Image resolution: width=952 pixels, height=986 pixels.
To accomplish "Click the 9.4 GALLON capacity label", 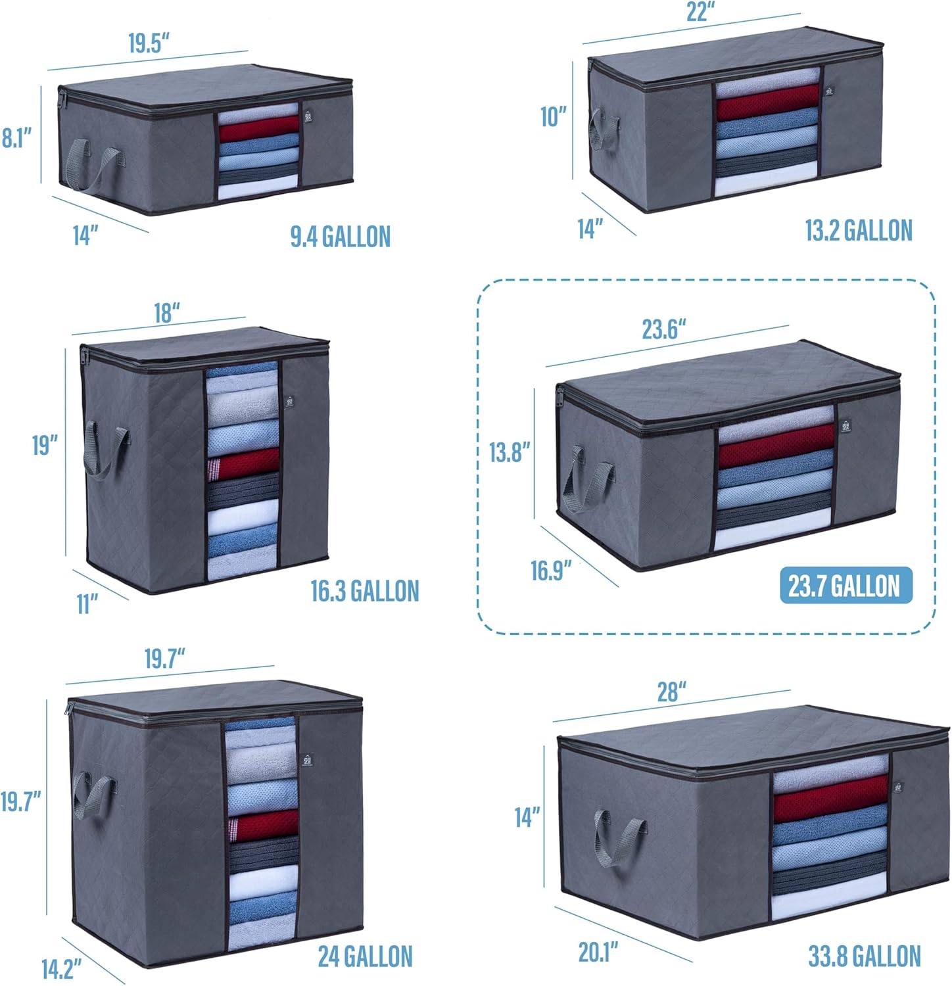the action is [341, 237].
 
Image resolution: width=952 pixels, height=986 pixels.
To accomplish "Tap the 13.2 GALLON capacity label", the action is [859, 231].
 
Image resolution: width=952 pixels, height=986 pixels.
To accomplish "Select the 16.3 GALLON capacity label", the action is [365, 591].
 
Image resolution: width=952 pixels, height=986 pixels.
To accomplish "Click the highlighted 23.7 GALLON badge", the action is [845, 586].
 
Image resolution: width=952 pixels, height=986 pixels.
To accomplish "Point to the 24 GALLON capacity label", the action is [366, 956].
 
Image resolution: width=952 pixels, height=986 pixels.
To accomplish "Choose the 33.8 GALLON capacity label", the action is [864, 956].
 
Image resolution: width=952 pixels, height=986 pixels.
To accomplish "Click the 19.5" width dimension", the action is [149, 43].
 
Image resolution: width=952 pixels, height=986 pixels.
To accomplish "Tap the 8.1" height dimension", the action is [16, 139].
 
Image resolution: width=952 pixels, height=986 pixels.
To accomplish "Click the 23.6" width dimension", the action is [665, 329].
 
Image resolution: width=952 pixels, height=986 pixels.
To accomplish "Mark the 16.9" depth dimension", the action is [552, 571].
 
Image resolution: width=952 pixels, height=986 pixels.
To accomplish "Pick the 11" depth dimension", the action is [87, 604].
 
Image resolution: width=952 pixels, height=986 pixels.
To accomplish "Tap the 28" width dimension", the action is [672, 692].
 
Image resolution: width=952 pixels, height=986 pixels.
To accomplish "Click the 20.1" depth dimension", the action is [598, 952].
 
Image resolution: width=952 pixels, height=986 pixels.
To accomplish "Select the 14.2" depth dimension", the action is [61, 968].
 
